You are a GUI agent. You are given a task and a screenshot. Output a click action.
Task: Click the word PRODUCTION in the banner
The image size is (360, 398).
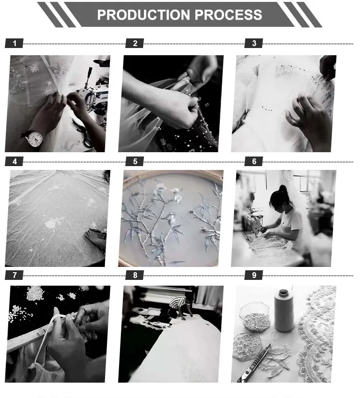click(144, 15)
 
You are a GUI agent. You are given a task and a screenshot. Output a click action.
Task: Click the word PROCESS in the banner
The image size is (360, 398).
click(228, 15)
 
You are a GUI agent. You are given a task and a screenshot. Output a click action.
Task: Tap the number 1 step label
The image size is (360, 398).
click(14, 43)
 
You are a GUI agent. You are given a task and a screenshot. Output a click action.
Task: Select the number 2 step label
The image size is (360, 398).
click(135, 43)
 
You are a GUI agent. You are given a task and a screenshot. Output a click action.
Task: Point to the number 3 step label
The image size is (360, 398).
click(254, 43)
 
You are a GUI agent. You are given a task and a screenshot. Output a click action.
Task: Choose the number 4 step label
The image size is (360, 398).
click(14, 161)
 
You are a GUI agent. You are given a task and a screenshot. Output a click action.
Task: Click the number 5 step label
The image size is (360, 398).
click(135, 161)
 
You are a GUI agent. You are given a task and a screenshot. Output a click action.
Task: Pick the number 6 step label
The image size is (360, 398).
click(254, 161)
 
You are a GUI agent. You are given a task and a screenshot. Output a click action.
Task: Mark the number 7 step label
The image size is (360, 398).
click(14, 275)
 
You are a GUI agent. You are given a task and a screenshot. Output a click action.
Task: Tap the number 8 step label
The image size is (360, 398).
click(135, 275)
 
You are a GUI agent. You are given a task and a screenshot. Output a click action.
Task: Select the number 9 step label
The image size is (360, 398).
click(254, 275)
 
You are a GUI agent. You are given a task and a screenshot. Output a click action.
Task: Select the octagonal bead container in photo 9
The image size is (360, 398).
click(254, 317)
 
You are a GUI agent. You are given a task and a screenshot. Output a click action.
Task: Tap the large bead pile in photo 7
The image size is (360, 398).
click(35, 293)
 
